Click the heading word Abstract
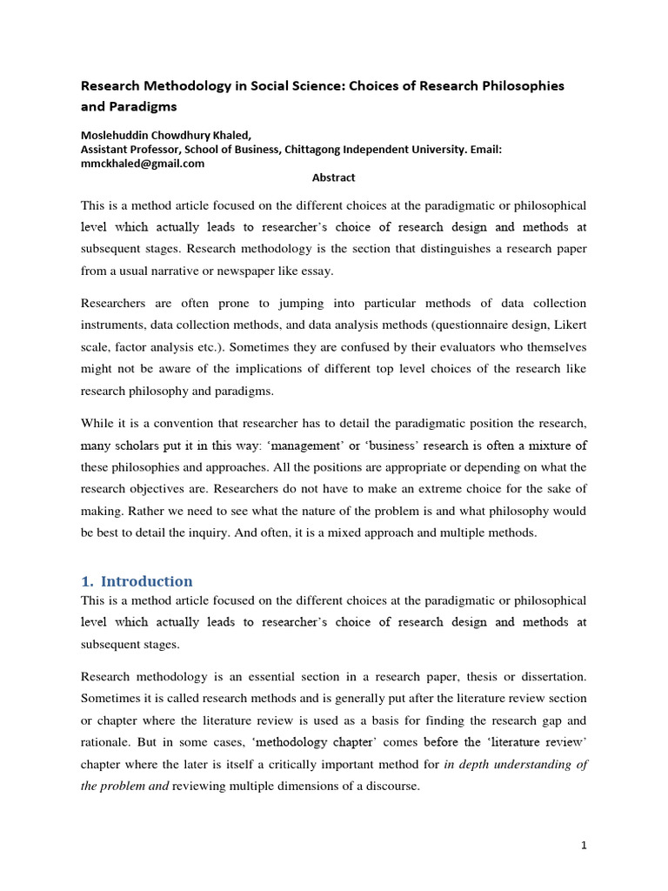tap(334, 178)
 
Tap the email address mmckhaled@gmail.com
tap(143, 163)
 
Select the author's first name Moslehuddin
tap(117, 134)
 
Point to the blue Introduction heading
tap(147, 581)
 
